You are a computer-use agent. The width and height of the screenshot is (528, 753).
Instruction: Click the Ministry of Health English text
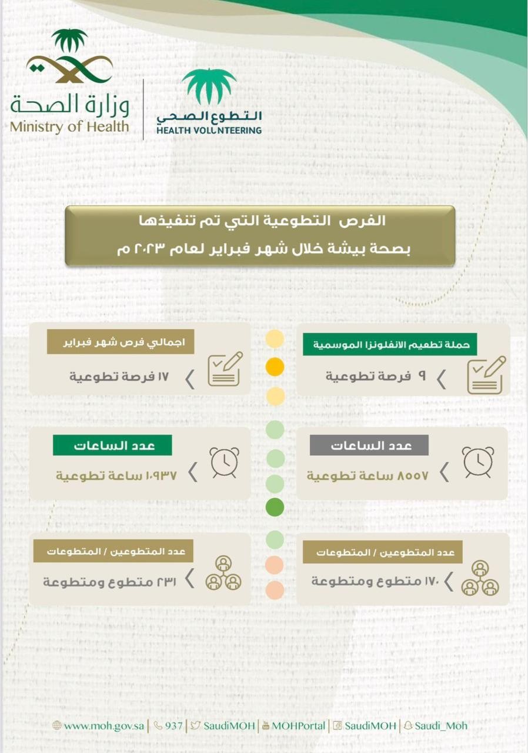coord(69,125)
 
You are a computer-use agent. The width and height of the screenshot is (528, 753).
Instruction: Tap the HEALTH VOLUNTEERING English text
coord(209,130)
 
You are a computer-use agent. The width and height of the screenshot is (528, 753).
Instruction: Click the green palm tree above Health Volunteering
coord(209,85)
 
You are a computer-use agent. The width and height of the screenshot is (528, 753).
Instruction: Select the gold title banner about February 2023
coord(260,235)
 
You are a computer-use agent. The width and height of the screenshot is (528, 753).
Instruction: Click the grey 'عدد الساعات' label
coord(369,445)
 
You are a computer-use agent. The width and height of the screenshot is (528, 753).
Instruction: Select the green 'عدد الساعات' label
coord(112,445)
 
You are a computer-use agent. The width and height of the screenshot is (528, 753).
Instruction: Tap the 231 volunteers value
coord(109,581)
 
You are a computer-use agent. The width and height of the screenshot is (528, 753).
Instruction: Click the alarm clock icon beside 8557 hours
coord(477,462)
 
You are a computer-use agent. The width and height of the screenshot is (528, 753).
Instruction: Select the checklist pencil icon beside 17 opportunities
coord(225,369)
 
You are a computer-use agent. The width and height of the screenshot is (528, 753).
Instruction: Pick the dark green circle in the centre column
coord(275,506)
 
